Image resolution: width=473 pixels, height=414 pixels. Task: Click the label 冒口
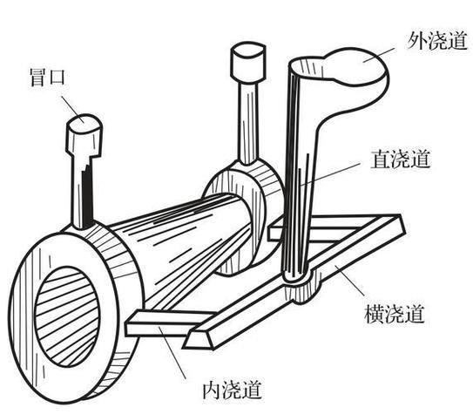(47, 78)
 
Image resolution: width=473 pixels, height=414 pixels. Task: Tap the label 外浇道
(437, 41)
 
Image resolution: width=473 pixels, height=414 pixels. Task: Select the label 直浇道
(401, 159)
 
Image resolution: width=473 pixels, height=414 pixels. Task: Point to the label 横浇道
(395, 314)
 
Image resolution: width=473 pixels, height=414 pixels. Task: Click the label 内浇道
(232, 390)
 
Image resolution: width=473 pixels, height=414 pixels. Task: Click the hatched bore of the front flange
(67, 317)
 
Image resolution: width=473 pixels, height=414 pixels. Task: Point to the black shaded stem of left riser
(87, 193)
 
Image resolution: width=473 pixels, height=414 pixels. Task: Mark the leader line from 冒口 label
(72, 110)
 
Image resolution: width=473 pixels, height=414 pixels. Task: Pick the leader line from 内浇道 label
(172, 352)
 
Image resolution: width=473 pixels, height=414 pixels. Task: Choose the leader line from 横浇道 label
(349, 281)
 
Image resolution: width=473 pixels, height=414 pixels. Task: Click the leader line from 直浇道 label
(330, 174)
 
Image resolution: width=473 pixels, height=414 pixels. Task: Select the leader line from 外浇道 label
(379, 55)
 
